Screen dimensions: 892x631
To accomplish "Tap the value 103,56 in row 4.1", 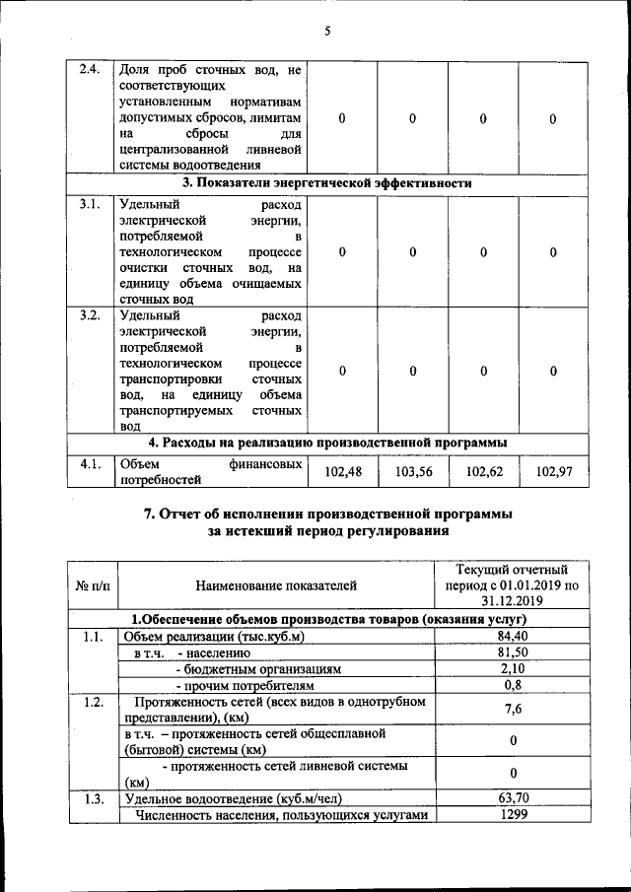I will click(x=412, y=473).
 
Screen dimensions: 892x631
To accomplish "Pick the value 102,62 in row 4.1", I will click(x=483, y=473).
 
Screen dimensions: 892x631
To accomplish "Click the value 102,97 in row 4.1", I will click(x=553, y=473).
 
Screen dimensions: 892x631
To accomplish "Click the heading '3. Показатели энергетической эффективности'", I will click(x=326, y=183).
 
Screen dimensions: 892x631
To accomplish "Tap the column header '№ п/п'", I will click(x=92, y=585).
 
